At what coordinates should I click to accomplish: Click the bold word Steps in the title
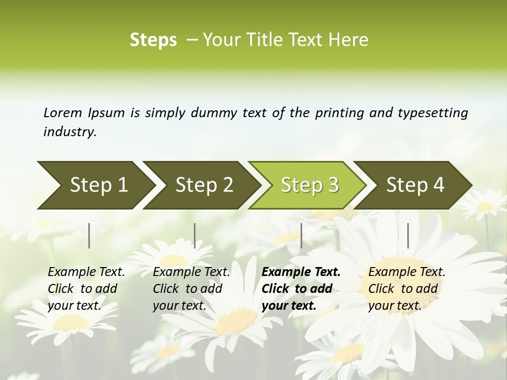[153, 40]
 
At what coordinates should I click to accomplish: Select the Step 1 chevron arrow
[95, 185]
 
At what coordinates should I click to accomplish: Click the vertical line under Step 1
[89, 235]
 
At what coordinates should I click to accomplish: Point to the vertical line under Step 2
[195, 235]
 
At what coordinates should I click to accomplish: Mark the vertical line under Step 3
[301, 235]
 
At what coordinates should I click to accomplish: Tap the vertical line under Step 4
[408, 235]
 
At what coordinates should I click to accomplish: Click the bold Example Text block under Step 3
[301, 289]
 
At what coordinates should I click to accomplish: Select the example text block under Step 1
[86, 289]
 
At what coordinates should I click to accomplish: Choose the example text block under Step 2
[191, 289]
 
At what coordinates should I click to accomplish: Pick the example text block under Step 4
[407, 289]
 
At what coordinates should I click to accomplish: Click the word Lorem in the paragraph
[63, 112]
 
